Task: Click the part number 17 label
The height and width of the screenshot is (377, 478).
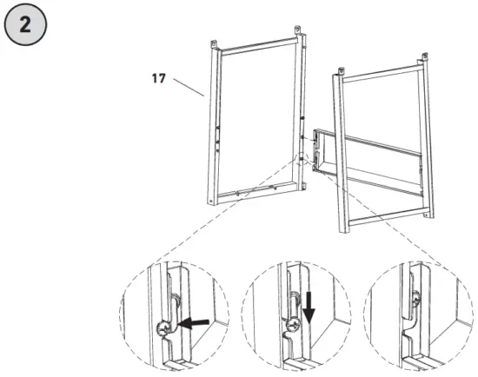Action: (x=158, y=78)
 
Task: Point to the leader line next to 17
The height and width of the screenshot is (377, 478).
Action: (x=189, y=86)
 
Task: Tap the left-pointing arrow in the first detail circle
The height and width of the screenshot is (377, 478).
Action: (x=196, y=323)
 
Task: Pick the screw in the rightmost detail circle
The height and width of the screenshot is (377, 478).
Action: (x=416, y=301)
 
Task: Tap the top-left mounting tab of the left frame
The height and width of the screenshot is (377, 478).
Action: (x=216, y=43)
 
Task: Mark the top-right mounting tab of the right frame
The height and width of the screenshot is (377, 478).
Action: (x=423, y=59)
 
